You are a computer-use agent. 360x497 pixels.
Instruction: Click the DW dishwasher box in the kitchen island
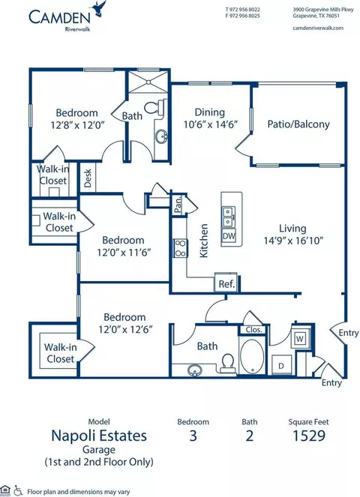pos(229,236)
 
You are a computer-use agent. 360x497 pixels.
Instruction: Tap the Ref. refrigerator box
pos(226,283)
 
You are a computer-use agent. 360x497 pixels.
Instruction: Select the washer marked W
pos(299,339)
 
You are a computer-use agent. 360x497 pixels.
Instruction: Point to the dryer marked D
pos(281,366)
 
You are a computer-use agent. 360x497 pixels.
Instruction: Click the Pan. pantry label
pos(178,205)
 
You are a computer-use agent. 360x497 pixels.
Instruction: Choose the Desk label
pos(88,178)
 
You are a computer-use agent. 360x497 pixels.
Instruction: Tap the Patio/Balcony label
pos(298,124)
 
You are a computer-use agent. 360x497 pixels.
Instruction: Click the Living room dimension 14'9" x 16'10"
pos(293,241)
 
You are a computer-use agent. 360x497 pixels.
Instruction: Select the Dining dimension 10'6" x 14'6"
pos(211,124)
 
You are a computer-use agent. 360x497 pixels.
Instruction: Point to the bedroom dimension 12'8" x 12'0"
pos(77,124)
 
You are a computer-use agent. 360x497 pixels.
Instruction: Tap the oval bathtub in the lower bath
pos(251,358)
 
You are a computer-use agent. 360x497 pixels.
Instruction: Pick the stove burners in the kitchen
pos(180,248)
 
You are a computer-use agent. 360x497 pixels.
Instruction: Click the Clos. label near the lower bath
pos(253,330)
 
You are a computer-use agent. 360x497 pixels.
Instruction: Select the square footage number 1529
pos(308,436)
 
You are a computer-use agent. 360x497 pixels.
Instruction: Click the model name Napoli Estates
pos(99,436)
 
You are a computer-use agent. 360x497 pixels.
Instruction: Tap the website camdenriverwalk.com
pos(318,28)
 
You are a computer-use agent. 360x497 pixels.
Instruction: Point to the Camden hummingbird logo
pos(99,7)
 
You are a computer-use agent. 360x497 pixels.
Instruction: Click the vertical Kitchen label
pos(204,241)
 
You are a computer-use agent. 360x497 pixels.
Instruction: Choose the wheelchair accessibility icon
pos(18,491)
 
